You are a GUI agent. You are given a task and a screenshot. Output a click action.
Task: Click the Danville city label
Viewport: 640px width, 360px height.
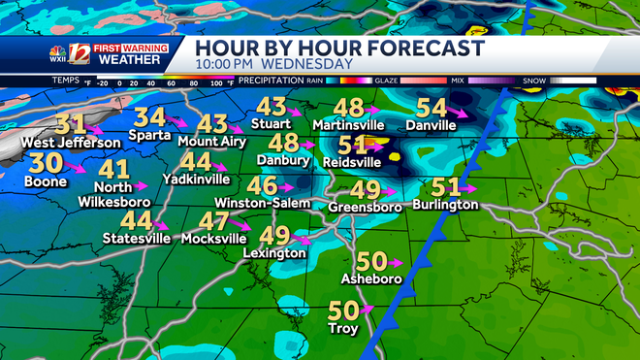[431, 127]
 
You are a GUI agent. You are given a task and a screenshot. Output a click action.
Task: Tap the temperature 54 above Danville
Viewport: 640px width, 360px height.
[432, 109]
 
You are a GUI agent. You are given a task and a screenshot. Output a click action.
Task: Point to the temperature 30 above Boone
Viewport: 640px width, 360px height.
[44, 163]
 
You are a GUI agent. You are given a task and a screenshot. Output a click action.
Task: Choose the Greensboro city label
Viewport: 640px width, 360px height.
[365, 207]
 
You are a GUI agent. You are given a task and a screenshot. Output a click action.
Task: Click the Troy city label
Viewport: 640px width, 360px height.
[344, 329]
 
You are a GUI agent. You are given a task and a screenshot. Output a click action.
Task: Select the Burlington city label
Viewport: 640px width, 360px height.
[445, 205]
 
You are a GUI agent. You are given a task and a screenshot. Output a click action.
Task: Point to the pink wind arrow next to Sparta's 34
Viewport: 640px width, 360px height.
[177, 120]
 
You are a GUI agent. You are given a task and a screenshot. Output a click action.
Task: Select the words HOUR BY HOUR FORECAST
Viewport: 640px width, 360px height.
[339, 49]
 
